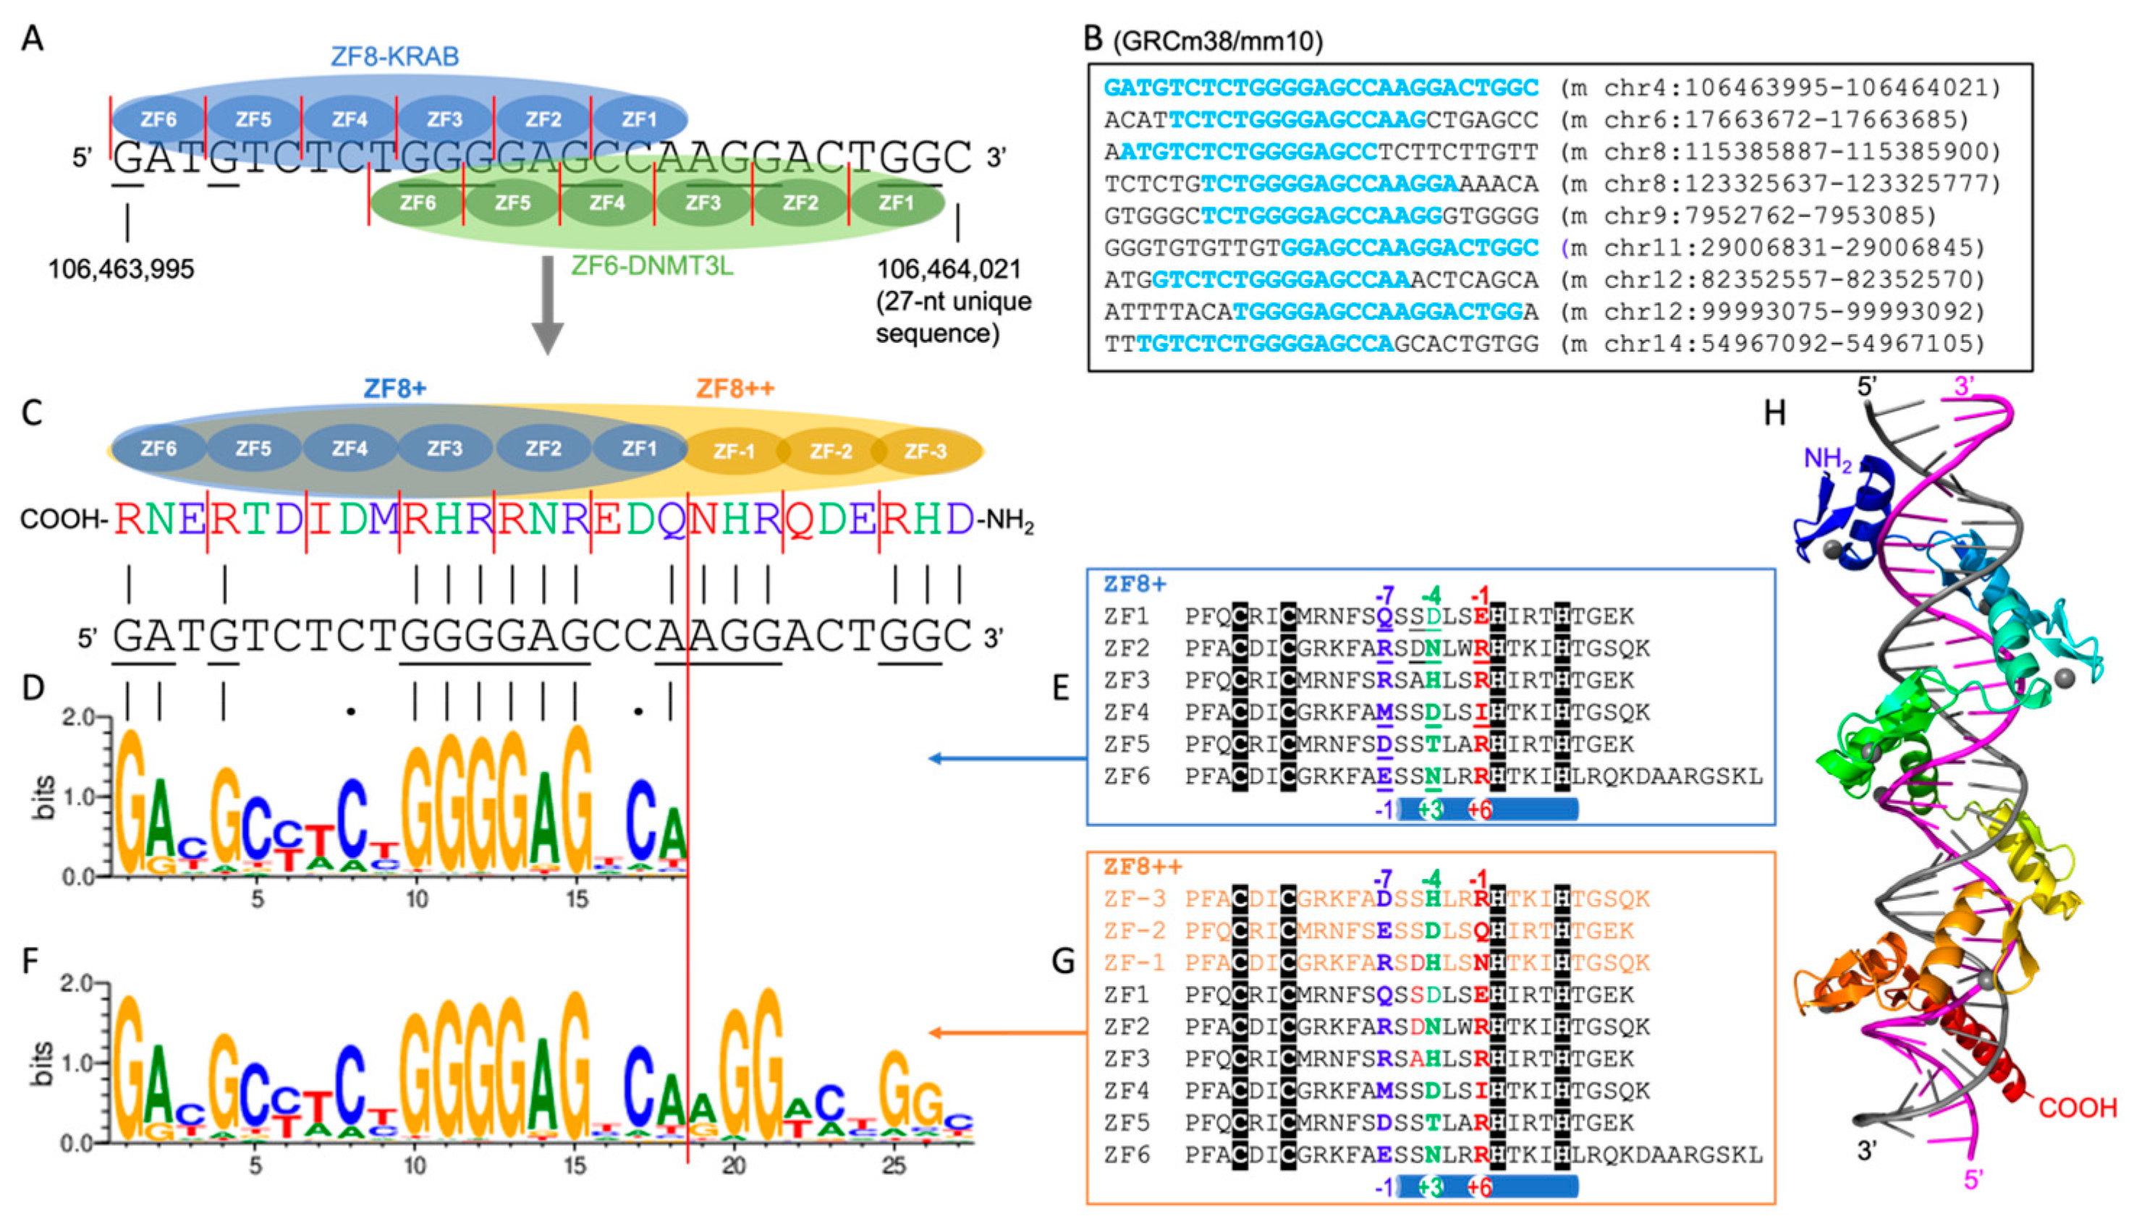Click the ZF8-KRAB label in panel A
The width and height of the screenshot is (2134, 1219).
[394, 56]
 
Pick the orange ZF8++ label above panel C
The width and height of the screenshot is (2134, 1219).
[735, 388]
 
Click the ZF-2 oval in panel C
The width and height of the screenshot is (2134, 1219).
[831, 451]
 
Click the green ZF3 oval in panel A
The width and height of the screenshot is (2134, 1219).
[703, 203]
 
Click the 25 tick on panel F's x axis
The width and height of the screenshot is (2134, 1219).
[894, 1165]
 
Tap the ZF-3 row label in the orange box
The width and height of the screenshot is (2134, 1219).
[1135, 899]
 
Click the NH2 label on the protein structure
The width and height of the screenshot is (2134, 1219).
[1828, 459]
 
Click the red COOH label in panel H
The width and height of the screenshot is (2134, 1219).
[2077, 1108]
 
